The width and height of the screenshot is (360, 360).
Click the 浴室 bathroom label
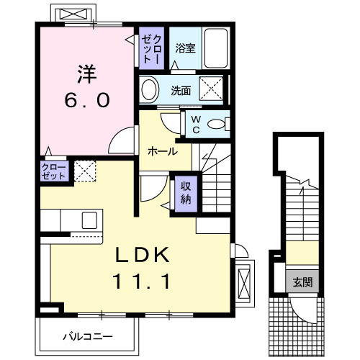(185, 49)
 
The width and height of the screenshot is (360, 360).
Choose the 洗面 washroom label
(181, 91)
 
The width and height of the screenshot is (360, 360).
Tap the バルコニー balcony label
(87, 336)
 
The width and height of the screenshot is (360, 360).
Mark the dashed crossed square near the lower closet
(84, 171)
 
